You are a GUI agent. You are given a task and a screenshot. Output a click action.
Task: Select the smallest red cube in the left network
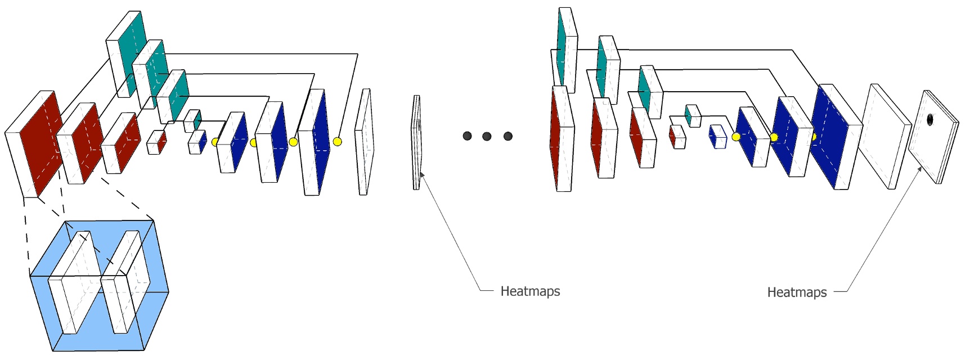(x=161, y=142)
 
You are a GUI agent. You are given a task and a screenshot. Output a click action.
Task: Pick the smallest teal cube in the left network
(x=197, y=120)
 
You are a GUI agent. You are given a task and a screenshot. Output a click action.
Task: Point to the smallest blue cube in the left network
(x=202, y=141)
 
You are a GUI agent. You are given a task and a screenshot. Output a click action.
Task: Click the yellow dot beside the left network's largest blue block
(x=337, y=142)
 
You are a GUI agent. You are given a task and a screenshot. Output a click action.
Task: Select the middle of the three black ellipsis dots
(x=487, y=136)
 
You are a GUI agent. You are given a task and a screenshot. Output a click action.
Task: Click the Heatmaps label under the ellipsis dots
(x=530, y=291)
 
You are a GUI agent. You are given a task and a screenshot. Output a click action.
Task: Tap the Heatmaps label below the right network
(x=797, y=292)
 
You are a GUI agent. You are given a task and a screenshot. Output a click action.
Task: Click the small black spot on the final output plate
(x=929, y=120)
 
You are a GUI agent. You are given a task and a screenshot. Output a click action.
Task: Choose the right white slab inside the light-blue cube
(x=125, y=281)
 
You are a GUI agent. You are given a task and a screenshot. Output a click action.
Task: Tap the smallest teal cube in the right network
(x=689, y=114)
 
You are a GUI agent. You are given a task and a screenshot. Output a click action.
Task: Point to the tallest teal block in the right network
(x=562, y=48)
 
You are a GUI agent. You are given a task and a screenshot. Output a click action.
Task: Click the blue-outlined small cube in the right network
(x=717, y=137)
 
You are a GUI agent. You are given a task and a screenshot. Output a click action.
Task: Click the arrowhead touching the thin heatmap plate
(x=422, y=175)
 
